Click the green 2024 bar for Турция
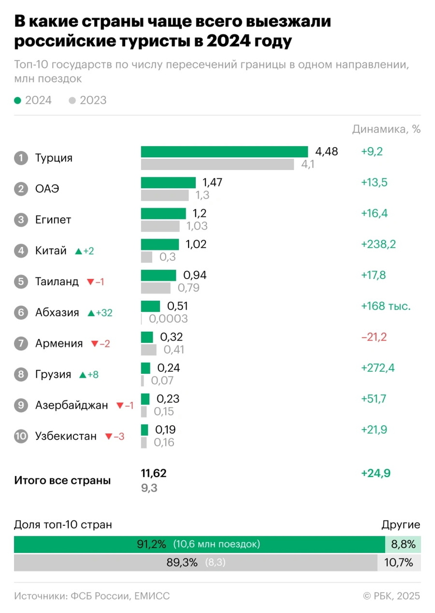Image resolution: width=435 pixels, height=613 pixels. point(224,151)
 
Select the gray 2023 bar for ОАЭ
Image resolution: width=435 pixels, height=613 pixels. point(165,196)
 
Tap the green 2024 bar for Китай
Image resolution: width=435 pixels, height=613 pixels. point(160,244)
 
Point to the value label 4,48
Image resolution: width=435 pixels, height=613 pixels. point(326,151)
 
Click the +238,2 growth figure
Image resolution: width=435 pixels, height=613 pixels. point(378,244)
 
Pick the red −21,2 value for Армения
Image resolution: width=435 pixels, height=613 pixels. point(374,337)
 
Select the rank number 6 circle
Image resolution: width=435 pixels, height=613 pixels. point(21,313)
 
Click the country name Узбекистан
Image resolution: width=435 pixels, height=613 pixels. point(66,436)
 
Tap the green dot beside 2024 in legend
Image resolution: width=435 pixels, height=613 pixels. point(18,100)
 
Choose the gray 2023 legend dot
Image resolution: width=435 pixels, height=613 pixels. point(72,100)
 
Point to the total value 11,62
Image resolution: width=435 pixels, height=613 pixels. point(154,473)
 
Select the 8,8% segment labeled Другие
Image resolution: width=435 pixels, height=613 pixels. point(402,544)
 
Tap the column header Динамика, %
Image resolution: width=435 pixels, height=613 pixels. point(386,130)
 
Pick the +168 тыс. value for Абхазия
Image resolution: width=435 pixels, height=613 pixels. point(385,306)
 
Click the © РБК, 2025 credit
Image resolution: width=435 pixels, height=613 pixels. point(392,596)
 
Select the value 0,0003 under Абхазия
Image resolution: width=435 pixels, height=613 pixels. point(168,319)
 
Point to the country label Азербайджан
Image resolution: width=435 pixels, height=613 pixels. point(71,406)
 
